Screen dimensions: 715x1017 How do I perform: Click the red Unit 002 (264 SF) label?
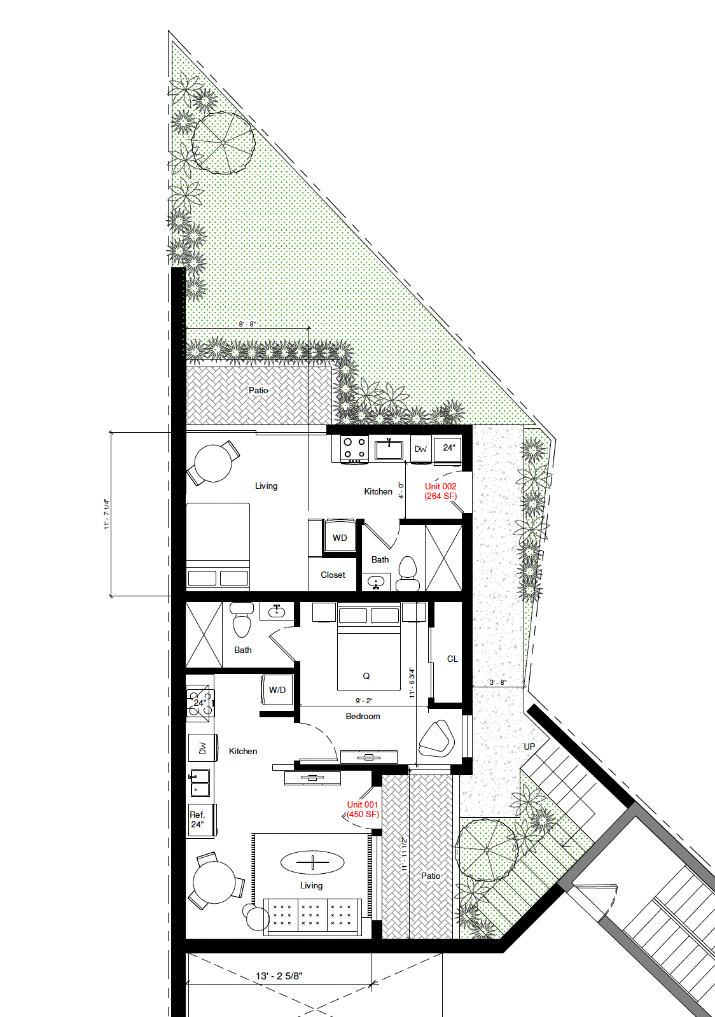(x=441, y=491)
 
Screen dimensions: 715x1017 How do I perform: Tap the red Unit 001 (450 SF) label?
(x=363, y=809)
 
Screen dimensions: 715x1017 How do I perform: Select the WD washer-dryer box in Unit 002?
(x=339, y=537)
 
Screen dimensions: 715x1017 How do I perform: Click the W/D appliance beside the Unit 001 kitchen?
(x=277, y=690)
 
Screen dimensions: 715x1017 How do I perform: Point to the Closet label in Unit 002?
(x=333, y=575)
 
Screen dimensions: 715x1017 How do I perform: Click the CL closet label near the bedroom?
(x=452, y=659)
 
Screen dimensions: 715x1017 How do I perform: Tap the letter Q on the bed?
(x=366, y=676)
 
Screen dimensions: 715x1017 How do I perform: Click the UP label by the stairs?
(x=529, y=747)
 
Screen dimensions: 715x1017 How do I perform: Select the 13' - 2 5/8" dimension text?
(x=279, y=976)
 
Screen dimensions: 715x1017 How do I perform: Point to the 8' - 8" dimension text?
(x=247, y=324)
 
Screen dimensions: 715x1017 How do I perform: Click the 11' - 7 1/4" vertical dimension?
(x=107, y=514)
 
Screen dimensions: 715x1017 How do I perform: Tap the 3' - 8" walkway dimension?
(x=497, y=682)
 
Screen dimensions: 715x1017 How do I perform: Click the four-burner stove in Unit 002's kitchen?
(x=355, y=449)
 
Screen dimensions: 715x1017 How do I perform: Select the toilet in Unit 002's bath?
(x=407, y=573)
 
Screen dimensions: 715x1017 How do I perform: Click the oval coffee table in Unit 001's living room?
(x=312, y=862)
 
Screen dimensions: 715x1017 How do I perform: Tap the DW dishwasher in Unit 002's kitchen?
(x=420, y=449)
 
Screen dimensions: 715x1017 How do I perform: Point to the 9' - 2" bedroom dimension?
(x=364, y=701)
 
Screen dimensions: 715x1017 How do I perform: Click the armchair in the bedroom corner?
(x=436, y=739)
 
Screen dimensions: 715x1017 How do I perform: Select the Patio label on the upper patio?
(x=258, y=390)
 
